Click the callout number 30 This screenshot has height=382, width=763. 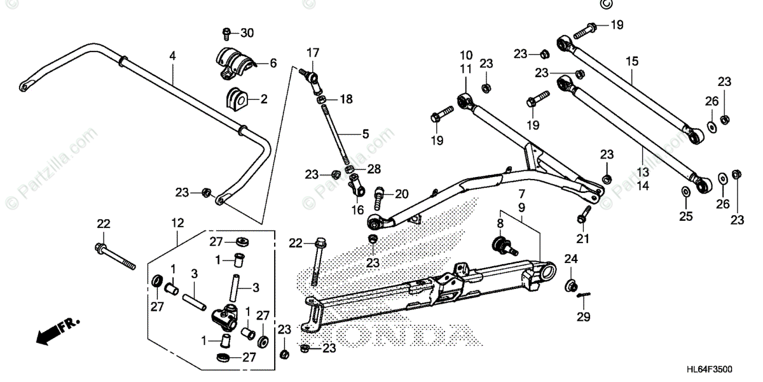[x=247, y=33]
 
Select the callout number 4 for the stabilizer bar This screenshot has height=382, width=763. [x=172, y=55]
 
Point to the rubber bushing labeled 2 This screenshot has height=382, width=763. [x=236, y=99]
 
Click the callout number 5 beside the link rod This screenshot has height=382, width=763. [x=365, y=134]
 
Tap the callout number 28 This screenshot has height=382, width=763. [x=374, y=169]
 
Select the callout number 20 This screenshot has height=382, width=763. [x=401, y=194]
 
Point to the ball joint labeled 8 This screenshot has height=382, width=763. [x=502, y=243]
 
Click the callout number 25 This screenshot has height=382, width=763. [x=685, y=216]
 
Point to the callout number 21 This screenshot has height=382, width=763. [x=583, y=239]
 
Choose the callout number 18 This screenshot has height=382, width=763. [x=345, y=99]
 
